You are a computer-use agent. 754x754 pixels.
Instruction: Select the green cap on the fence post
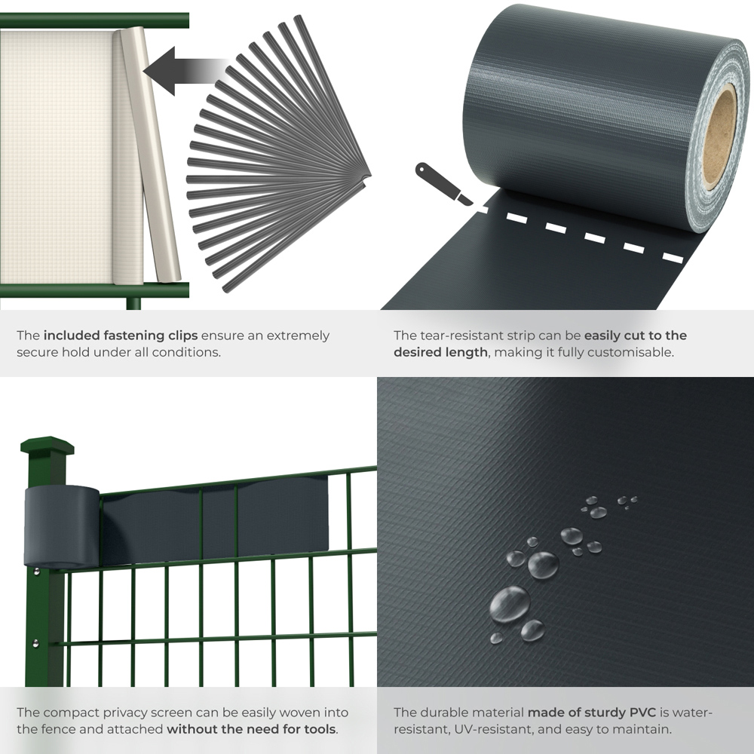click(47, 445)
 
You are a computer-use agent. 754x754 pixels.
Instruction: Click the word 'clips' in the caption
click(182, 336)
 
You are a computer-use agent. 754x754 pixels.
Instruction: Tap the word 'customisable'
click(632, 352)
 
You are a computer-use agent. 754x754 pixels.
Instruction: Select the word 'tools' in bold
click(320, 729)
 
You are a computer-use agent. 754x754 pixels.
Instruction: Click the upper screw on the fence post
click(36, 572)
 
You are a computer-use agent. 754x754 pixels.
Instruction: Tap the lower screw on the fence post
click(35, 642)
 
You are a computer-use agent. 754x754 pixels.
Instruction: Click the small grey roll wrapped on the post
click(62, 526)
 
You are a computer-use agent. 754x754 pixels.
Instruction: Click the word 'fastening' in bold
click(134, 336)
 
